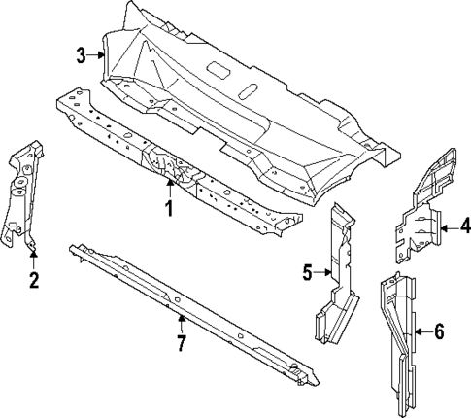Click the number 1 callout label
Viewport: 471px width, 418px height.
168,209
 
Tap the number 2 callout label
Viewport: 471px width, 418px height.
33,282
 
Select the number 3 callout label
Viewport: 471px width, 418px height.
82,56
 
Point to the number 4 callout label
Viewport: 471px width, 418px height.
464,229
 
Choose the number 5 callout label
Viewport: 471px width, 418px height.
308,273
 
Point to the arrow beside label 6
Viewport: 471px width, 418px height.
421,332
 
